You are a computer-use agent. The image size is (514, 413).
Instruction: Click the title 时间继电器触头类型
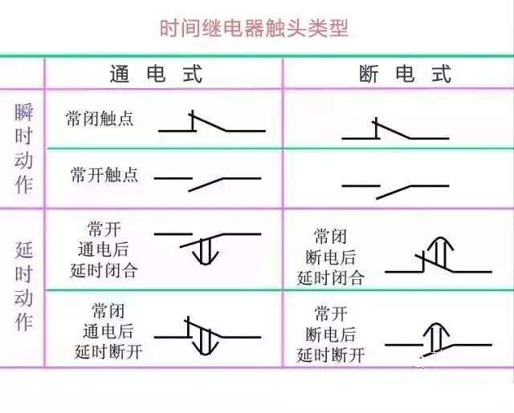(x=254, y=28)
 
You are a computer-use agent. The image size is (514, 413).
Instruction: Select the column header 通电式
(x=156, y=73)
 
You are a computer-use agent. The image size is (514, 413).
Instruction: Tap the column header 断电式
(x=405, y=73)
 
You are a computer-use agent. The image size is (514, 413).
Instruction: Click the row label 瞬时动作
(x=23, y=148)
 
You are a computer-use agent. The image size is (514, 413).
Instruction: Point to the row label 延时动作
(x=24, y=285)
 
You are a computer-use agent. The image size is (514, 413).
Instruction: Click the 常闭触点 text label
(x=100, y=119)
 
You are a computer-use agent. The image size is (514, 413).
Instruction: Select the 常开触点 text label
(x=104, y=175)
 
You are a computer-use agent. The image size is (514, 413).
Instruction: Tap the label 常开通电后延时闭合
(x=104, y=249)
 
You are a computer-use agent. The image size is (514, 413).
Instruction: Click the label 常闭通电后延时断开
(x=108, y=331)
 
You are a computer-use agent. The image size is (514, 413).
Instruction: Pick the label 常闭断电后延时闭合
(x=330, y=257)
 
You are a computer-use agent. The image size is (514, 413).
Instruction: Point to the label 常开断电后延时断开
(x=330, y=334)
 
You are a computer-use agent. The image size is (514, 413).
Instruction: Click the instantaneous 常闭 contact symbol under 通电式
(x=212, y=121)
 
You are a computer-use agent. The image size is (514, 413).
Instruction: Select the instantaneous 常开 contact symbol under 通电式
(x=207, y=184)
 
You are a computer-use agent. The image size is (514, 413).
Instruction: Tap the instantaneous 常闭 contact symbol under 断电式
(x=395, y=128)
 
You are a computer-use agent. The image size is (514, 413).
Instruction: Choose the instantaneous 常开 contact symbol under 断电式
(x=395, y=192)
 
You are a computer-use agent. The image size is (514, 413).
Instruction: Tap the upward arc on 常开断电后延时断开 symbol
(x=436, y=325)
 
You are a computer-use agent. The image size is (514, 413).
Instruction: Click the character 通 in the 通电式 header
(x=119, y=74)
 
